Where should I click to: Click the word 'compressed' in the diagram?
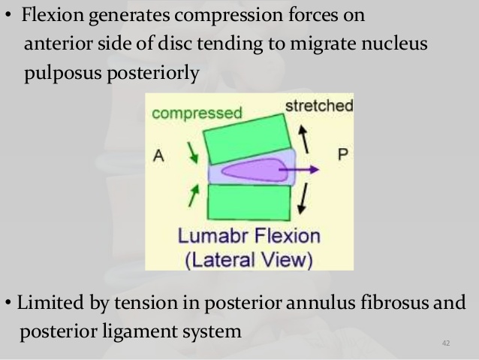coord(196,114)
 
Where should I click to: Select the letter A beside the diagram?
coord(158,156)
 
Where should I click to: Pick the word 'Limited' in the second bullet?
coord(46,303)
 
